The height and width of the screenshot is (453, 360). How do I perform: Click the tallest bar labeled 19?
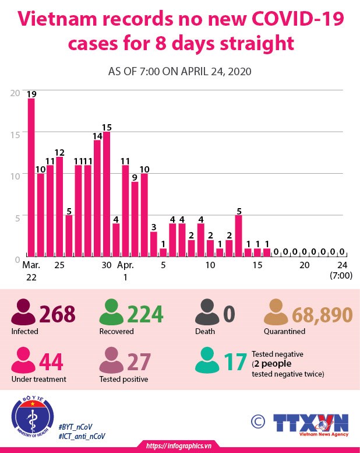click(x=31, y=177)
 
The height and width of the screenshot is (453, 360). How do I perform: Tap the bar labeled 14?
click(x=97, y=198)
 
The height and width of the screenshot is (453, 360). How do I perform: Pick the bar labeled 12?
click(x=59, y=206)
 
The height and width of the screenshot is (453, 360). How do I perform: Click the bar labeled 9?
click(x=135, y=219)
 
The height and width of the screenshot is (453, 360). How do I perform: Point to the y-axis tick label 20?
click(x=15, y=92)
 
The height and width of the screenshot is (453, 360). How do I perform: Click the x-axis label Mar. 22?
click(x=31, y=271)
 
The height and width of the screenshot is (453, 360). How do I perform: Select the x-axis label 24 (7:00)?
click(x=341, y=271)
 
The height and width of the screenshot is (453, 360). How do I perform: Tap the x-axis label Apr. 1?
click(x=125, y=271)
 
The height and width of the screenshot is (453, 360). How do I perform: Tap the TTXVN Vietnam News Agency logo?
click(x=311, y=423)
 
